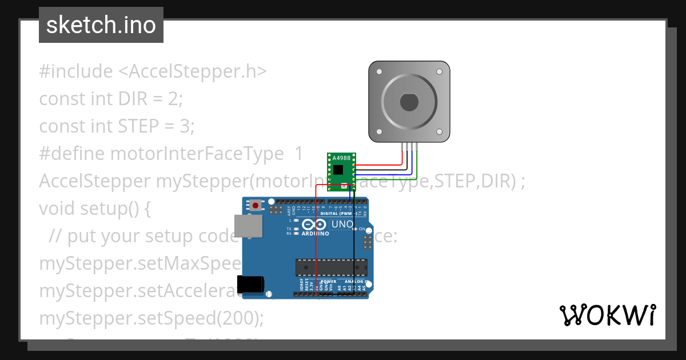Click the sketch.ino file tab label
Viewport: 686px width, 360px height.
[x=101, y=25]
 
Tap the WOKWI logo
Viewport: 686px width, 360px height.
[x=607, y=315]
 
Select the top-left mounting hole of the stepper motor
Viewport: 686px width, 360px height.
[x=379, y=72]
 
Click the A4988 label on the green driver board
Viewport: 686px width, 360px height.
[x=341, y=158]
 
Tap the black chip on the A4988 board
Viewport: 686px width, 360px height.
[x=340, y=169]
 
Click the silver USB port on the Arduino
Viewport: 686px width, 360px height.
[x=248, y=226]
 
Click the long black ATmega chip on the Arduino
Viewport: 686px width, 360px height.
[x=331, y=267]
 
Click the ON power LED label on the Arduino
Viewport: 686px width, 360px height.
[x=362, y=229]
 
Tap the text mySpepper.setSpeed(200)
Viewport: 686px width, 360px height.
[x=151, y=318]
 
